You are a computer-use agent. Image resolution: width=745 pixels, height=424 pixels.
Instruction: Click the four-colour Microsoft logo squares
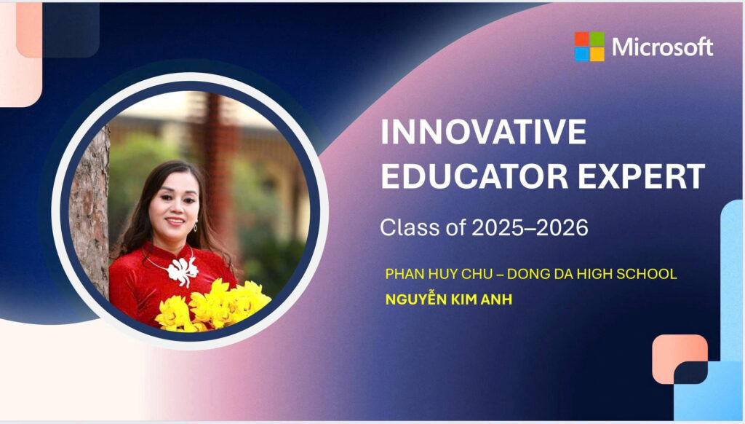coord(589,47)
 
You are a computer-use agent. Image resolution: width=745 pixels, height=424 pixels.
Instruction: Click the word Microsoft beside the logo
coord(662,47)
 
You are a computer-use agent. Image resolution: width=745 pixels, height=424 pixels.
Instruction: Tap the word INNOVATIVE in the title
coord(484,132)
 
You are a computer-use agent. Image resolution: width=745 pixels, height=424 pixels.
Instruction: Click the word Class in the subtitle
coord(409,227)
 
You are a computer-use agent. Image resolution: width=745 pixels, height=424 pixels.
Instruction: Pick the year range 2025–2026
coord(530,227)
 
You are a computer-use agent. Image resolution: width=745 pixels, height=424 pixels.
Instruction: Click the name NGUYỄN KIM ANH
coord(448,299)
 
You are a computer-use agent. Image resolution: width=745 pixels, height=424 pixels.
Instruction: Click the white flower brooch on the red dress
coord(182,270)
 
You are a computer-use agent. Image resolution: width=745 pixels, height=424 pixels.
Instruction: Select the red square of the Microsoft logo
coord(581,39)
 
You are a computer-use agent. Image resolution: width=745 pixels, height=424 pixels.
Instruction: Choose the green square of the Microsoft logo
coord(597,39)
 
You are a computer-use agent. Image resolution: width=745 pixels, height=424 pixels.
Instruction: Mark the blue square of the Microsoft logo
coord(581,54)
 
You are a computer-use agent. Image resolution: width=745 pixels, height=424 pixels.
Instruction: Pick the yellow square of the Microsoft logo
coord(597,54)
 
